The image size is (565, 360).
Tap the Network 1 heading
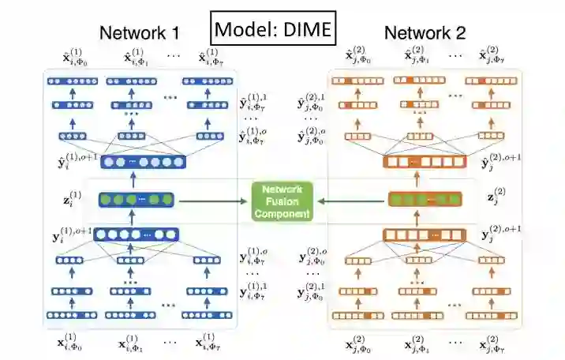coord(139,33)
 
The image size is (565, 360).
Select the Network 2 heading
coord(425,33)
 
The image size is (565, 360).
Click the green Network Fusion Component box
coord(282,201)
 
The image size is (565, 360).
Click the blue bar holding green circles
coord(137,201)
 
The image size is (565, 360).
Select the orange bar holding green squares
coord(425,200)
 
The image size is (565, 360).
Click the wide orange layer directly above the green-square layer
coord(425,163)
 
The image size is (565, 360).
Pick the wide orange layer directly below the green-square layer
coord(425,234)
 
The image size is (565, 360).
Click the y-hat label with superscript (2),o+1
coord(500,163)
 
